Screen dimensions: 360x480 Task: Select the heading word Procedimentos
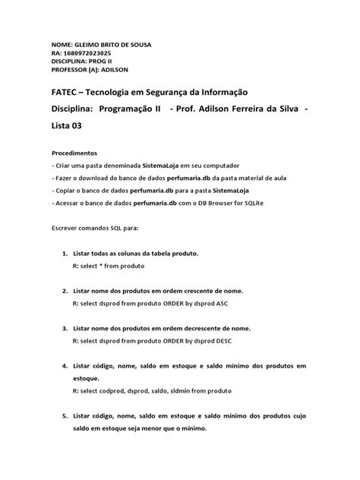pyautogui.click(x=74, y=153)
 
